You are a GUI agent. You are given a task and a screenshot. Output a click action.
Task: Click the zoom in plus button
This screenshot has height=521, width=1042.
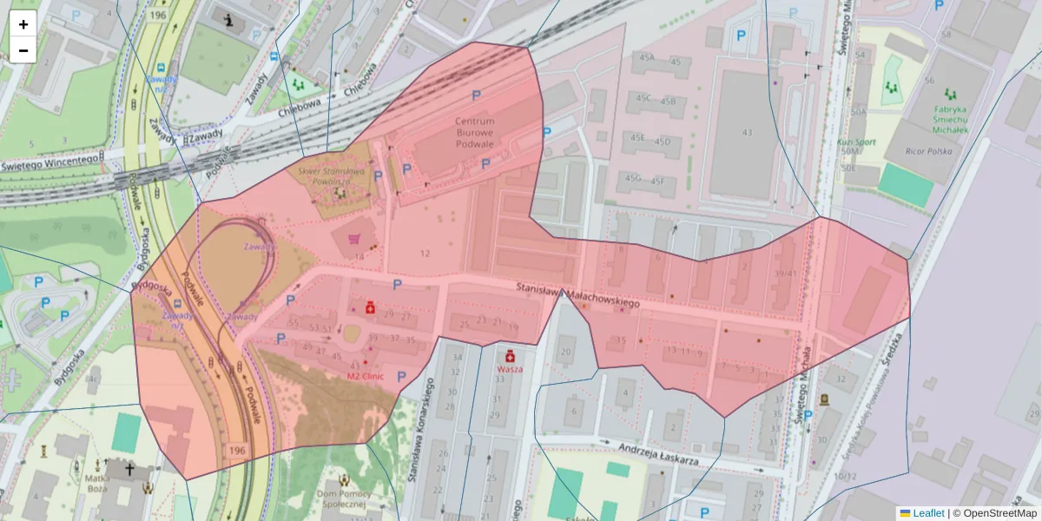pyautogui.click(x=23, y=24)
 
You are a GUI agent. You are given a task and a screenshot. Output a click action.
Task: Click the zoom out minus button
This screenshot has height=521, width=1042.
pyautogui.click(x=23, y=50)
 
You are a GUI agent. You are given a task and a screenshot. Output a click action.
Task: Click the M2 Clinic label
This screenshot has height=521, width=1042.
pyautogui.click(x=364, y=377)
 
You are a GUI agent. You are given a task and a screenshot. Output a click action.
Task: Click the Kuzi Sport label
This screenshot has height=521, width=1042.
pyautogui.click(x=857, y=142)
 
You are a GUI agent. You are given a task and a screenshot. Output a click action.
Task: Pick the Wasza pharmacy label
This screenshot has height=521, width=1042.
pyautogui.click(x=510, y=368)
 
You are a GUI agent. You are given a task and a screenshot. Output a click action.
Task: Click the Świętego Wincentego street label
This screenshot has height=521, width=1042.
pyautogui.click(x=49, y=162)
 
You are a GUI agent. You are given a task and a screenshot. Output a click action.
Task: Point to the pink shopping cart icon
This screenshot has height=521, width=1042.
pyautogui.click(x=354, y=238)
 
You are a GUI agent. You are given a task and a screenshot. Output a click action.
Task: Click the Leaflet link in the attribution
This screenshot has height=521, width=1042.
pyautogui.click(x=927, y=513)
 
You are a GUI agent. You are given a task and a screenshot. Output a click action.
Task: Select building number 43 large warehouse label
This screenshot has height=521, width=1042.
pyautogui.click(x=747, y=132)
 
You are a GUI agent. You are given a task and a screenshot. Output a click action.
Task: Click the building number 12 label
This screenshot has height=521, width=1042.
pyautogui.click(x=425, y=254)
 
